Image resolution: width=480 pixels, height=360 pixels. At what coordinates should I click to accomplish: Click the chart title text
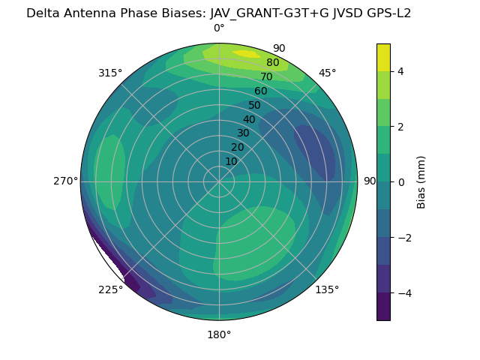coord(219,13)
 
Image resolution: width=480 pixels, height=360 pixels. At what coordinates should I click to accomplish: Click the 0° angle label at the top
coord(219,28)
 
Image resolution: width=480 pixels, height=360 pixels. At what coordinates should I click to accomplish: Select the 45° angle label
coord(327,73)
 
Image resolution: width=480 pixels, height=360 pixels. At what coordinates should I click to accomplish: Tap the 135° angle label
coord(327,289)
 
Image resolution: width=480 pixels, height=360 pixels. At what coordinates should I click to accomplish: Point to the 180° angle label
coord(219,334)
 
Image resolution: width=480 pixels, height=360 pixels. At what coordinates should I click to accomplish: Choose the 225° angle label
coord(110,289)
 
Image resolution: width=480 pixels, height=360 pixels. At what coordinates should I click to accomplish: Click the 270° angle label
coord(65,181)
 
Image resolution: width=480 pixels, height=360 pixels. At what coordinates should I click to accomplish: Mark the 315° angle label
coord(110,73)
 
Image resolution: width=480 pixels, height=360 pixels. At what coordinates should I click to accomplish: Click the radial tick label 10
coord(231,161)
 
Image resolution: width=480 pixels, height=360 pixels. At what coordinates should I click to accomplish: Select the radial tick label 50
coord(254,106)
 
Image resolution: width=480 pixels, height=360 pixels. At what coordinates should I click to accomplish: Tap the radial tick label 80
coord(272,63)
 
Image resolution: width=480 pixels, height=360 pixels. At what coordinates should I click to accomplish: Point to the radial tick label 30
coord(243,133)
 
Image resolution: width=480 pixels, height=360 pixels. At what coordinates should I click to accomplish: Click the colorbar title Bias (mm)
coord(421,181)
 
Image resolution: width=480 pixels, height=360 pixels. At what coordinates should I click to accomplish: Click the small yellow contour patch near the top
coord(246,53)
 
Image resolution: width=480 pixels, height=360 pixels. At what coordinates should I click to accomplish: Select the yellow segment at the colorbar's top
coord(383,57)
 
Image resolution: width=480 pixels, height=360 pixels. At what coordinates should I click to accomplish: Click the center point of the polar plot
coord(219,181)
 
